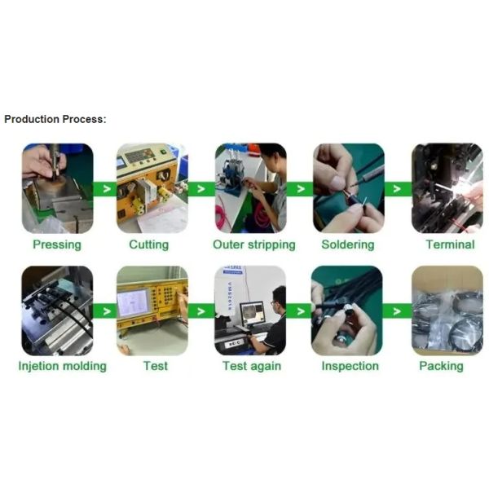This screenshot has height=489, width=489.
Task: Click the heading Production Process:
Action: [x=55, y=120]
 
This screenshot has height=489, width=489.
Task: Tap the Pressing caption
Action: [x=57, y=244]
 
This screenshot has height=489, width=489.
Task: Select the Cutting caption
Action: [x=149, y=244]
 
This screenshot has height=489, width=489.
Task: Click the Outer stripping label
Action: [x=254, y=244]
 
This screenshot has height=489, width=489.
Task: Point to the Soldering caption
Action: [x=348, y=244]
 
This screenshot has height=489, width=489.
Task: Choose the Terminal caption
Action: [x=451, y=244]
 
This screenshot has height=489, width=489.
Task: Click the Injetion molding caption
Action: [x=63, y=366]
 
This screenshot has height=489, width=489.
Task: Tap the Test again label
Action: [x=252, y=366]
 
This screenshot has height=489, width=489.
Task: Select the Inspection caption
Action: [x=350, y=366]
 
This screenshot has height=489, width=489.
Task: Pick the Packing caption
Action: [x=441, y=366]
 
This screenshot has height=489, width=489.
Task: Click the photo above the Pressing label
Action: [x=57, y=188]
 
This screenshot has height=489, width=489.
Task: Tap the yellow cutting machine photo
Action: [x=152, y=188]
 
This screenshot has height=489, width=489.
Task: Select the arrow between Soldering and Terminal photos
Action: [x=397, y=189]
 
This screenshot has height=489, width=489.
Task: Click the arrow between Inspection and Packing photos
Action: [x=397, y=311]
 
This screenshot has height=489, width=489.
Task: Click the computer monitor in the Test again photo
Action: [x=252, y=313]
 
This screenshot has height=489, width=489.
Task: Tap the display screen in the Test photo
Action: [x=133, y=303]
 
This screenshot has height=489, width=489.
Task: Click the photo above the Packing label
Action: [x=447, y=311]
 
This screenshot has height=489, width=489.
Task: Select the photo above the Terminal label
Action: [x=447, y=188]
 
